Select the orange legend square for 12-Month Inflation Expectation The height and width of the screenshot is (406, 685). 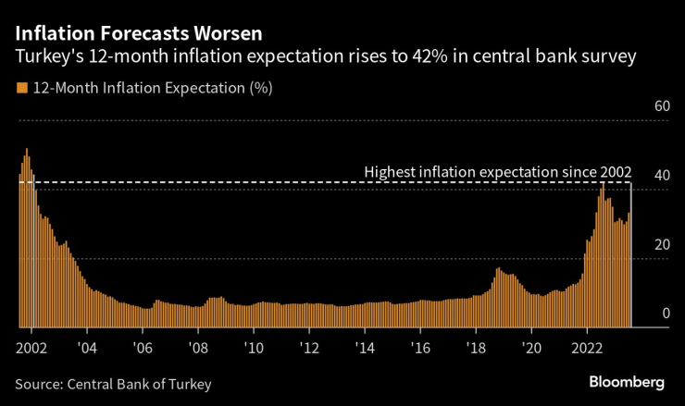click(20, 89)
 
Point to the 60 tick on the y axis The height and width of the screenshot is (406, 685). click(661, 107)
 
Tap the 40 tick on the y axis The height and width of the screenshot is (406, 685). click(661, 176)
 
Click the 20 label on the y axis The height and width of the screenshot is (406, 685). click(661, 245)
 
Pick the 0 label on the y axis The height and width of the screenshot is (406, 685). click(665, 314)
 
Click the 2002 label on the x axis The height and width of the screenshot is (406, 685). click(31, 348)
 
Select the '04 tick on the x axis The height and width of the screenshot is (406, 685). click(87, 348)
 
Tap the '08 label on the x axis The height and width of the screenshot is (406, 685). click(198, 348)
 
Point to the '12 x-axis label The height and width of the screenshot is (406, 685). click(309, 348)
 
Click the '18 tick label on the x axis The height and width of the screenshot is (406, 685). click(476, 348)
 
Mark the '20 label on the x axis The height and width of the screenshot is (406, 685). click(531, 348)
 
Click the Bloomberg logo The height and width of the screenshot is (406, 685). click(627, 382)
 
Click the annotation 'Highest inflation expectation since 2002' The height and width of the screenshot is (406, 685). click(497, 172)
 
